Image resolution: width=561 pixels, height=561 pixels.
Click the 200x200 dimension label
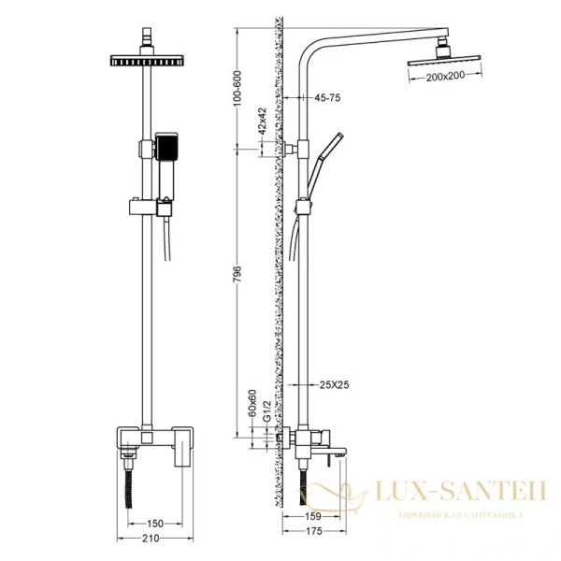pos(443,76)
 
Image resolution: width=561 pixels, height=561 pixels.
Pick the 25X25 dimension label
pos(333,384)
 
